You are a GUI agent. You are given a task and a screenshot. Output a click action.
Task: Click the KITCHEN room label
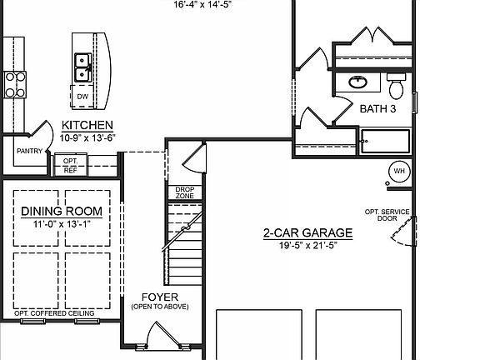click(87, 125)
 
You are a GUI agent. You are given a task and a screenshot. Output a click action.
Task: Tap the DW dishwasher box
click(82, 97)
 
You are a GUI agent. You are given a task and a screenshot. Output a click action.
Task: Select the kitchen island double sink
click(82, 67)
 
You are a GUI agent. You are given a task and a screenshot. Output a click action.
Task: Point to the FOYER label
click(159, 297)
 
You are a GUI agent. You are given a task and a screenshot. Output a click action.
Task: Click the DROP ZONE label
click(184, 192)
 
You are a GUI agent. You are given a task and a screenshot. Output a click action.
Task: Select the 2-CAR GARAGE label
click(307, 233)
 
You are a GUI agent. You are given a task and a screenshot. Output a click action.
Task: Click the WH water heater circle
click(398, 171)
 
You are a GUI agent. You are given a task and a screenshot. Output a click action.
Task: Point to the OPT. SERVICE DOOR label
click(388, 215)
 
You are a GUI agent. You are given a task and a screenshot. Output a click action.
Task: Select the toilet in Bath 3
click(397, 86)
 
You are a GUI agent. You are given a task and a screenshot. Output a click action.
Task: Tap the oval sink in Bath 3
click(359, 82)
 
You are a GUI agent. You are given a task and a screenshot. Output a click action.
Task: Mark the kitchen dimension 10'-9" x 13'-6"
click(87, 137)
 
